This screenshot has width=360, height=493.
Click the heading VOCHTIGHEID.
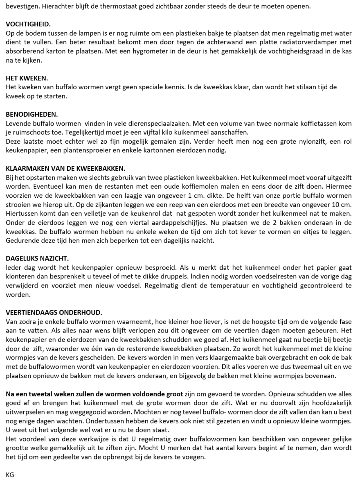pos(28,25)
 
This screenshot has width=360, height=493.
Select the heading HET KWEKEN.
pos(25,78)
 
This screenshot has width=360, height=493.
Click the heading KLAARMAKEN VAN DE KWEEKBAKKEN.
pos(65,168)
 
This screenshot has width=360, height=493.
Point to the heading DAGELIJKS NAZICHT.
pos(37,258)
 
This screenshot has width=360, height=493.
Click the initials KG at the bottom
pos(10,475)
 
